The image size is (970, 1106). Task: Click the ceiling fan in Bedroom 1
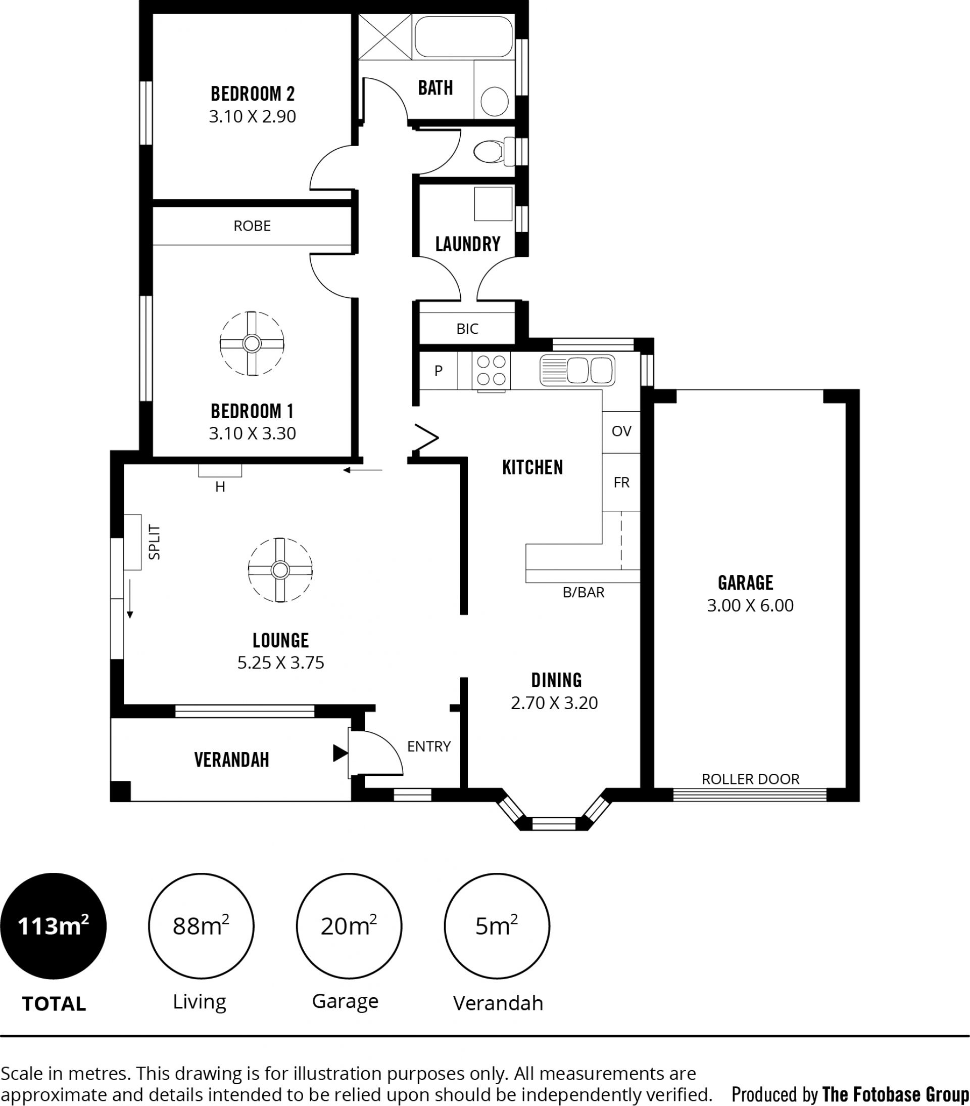252,343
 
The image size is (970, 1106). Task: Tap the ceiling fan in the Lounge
280,570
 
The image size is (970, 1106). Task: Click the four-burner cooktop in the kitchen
491,370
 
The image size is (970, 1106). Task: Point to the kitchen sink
577,370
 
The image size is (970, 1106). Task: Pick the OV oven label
621,431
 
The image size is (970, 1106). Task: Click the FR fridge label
621,482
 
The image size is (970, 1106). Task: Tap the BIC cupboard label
467,328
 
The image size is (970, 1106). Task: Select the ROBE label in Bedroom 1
252,226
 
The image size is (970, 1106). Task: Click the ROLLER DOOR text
750,779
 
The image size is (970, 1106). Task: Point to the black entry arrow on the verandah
340,753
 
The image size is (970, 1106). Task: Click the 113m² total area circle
53,926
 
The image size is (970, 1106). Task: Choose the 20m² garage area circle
349,926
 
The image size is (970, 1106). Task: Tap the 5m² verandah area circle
497,926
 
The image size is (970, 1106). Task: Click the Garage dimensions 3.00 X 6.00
750,605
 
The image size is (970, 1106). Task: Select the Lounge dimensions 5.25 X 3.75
280,662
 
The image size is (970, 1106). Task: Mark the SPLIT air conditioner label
155,542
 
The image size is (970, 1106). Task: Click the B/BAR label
584,592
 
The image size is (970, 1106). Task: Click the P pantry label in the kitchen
439,370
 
